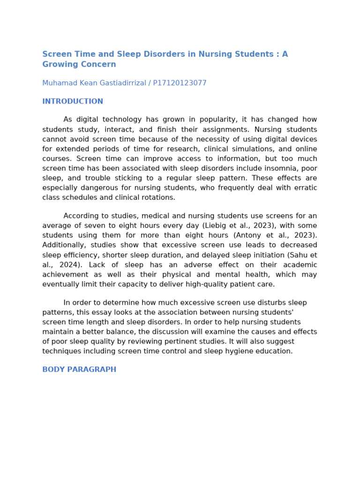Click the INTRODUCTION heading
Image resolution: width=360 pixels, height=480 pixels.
point(73,102)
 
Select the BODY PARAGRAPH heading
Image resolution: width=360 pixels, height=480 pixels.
point(79,370)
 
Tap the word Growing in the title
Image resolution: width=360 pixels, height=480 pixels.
point(58,65)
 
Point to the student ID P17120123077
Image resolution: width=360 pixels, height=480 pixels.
point(176,83)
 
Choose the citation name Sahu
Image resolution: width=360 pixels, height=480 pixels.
point(300,255)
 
